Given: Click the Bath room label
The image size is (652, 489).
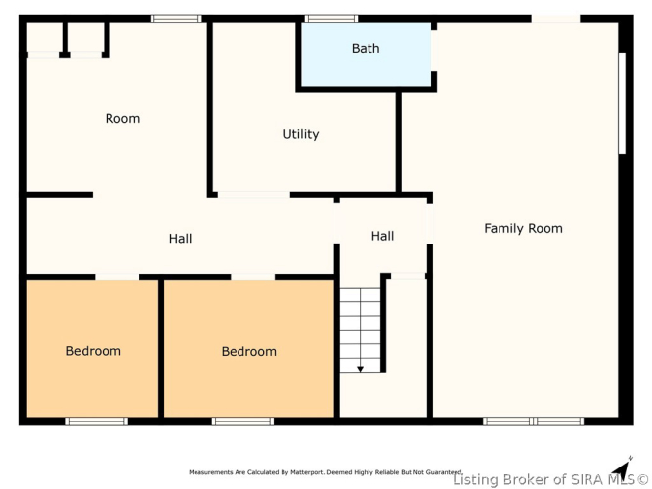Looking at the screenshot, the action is [366, 48].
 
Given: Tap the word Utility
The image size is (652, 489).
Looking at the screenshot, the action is [301, 134].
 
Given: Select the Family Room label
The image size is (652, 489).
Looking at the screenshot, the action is [523, 228].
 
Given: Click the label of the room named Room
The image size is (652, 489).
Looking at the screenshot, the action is [122, 119].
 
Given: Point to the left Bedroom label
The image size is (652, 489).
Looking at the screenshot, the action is [93, 351].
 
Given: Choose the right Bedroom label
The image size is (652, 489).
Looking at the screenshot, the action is [248, 352].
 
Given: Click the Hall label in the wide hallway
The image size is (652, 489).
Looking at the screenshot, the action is [180, 239].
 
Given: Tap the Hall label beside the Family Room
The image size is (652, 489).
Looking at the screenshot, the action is [382, 236].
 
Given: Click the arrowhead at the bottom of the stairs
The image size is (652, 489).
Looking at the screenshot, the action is [360, 369].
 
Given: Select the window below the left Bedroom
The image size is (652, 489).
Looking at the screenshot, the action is [97, 422].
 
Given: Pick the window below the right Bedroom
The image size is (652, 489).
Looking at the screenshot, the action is [242, 422].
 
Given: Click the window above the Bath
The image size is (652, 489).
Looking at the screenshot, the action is [331, 19].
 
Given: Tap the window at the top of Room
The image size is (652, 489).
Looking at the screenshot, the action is [176, 19].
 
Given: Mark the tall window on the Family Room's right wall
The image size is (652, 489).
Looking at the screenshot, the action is [622, 103].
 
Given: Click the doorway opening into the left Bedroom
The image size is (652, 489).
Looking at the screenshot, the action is [117, 277].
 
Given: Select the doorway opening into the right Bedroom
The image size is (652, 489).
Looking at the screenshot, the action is [253, 277].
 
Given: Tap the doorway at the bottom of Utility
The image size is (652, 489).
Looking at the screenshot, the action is [253, 195].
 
